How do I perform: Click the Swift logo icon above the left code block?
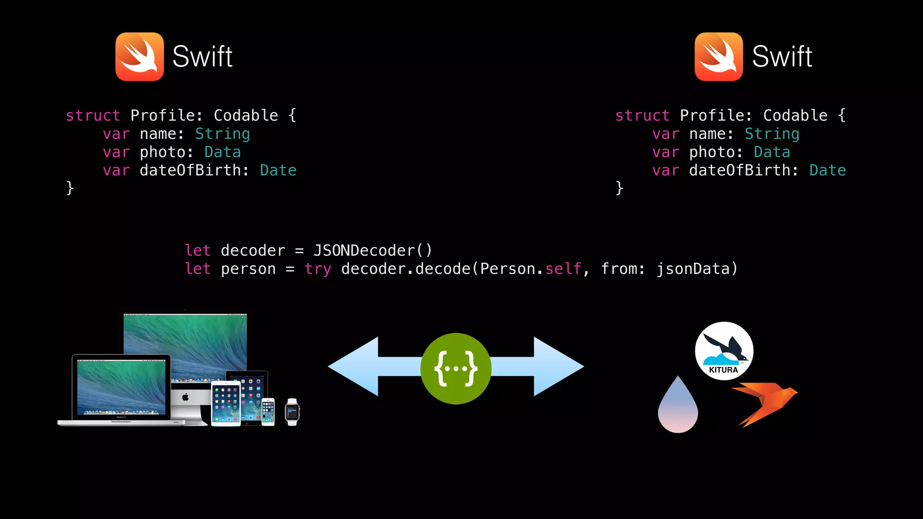140,57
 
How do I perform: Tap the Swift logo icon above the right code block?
719,57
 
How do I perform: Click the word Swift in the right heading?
782,57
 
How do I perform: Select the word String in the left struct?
222,134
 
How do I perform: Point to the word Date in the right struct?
827,170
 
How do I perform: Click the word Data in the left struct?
222,152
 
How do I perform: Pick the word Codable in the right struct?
795,115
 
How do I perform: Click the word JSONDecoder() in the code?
373,250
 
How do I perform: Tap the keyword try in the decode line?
318,269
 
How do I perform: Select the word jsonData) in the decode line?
697,269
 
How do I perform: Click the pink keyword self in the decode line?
563,269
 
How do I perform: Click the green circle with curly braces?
456,369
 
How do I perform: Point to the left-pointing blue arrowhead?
354,367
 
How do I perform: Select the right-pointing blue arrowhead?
558,367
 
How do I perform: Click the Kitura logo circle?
724,351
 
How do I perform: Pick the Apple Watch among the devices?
292,412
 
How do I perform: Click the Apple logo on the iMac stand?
185,397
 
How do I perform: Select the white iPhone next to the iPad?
268,412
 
